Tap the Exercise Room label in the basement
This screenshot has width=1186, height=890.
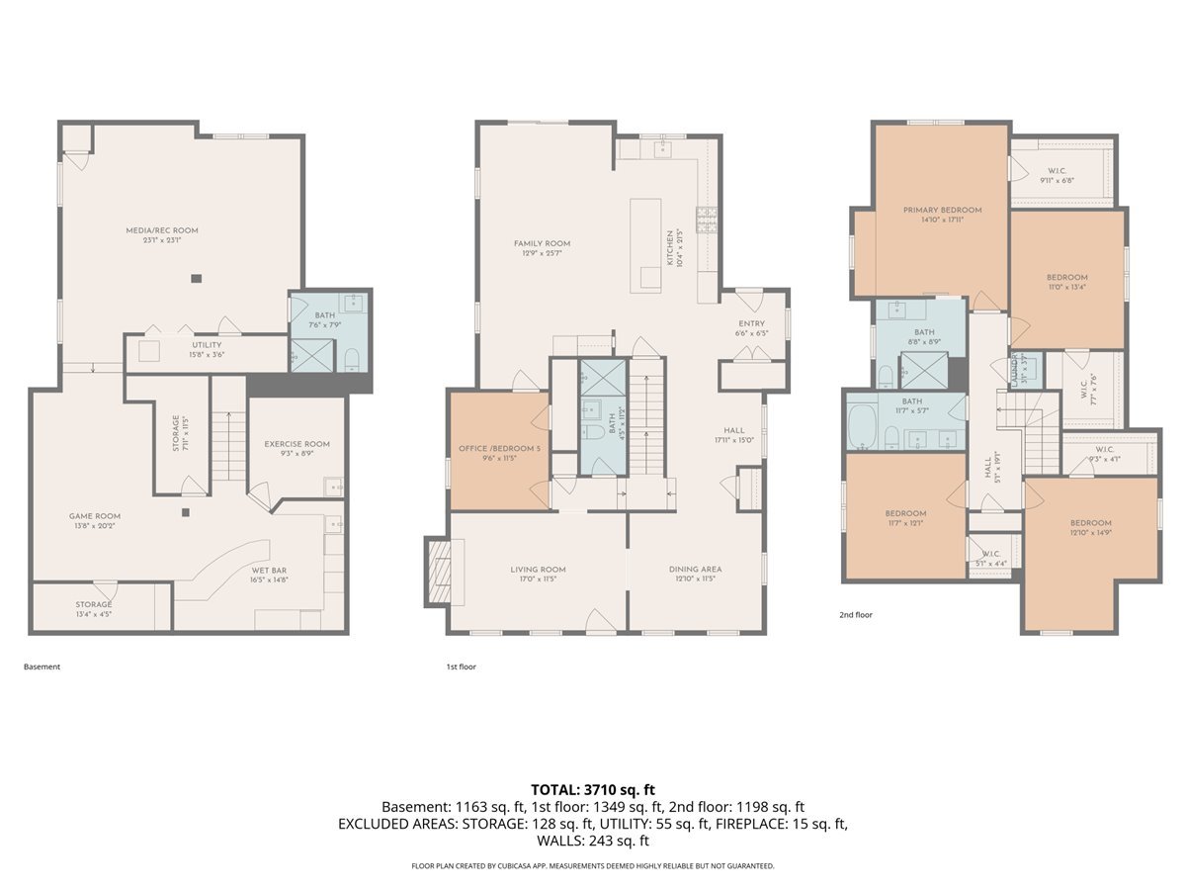coord(296,444)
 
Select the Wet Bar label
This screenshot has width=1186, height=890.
coord(269,571)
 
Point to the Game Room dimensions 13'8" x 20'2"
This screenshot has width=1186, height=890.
coord(95,527)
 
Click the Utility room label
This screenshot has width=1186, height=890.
coord(207,345)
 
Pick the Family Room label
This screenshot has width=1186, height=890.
coord(542,243)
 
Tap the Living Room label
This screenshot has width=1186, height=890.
coord(538,570)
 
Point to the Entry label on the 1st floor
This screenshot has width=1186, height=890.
coord(752,323)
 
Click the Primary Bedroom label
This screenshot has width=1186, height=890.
coord(942,210)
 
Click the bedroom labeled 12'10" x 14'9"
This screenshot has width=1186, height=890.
coord(1090,523)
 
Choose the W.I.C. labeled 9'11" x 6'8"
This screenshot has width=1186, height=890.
coord(1056,170)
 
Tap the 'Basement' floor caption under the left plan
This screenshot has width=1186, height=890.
coord(42,667)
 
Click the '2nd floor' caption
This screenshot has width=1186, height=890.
coord(856,614)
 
